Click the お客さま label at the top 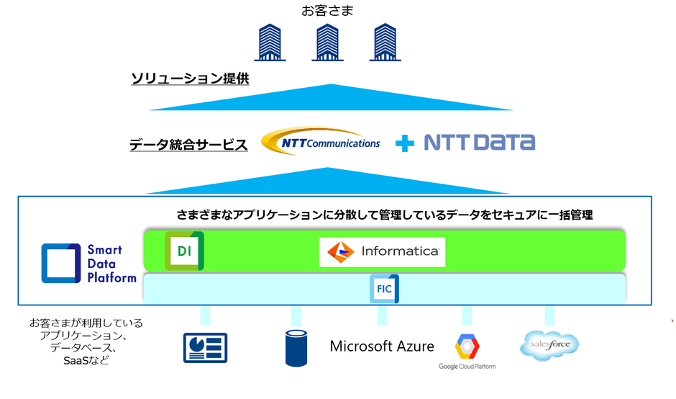click(328, 11)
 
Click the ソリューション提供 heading click(190, 79)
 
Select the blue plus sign click(406, 143)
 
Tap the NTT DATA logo click(479, 142)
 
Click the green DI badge click(184, 251)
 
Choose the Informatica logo click(383, 252)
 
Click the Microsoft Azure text click(382, 346)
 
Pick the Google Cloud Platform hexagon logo click(467, 346)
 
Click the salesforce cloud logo click(549, 345)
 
